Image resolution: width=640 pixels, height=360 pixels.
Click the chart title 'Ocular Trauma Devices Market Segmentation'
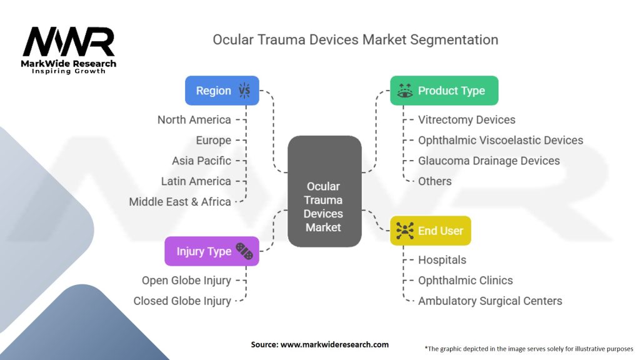coord(355,39)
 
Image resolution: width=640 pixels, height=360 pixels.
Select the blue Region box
coord(222,91)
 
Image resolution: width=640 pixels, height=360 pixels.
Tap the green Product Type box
coord(444,91)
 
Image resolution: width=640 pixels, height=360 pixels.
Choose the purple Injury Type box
coord(211,251)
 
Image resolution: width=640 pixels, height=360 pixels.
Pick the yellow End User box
coord(431,231)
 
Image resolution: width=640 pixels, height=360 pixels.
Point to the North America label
coord(194,119)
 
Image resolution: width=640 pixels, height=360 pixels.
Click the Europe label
coord(213,140)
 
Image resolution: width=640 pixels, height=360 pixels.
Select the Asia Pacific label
coord(201,161)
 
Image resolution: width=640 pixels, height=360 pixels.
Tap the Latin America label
coord(196,181)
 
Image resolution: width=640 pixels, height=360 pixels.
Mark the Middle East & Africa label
coord(180,202)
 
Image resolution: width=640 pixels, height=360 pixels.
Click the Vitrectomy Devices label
coord(467,119)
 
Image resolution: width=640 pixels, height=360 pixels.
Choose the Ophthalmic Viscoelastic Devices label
coord(501,140)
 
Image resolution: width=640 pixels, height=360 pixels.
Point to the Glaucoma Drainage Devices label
coord(489,161)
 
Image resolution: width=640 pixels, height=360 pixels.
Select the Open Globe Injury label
coord(186,281)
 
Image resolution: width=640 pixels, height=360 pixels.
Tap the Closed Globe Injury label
coord(182,301)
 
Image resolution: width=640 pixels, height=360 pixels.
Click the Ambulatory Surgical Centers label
coord(490,301)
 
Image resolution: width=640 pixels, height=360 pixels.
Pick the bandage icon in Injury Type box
coord(244,251)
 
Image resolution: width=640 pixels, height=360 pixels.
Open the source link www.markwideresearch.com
coord(334,344)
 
